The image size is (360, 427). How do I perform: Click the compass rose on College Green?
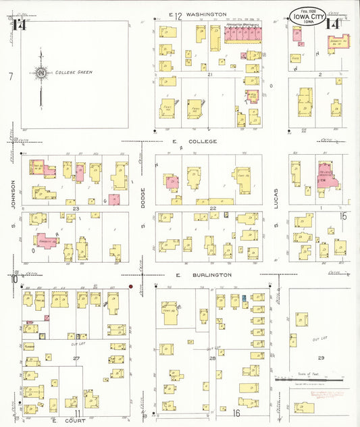point(41,72)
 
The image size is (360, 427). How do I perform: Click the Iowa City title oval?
point(308,16)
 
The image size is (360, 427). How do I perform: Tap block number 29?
point(321,356)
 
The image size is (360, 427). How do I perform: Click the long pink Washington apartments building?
point(242,34)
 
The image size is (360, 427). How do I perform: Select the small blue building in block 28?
point(243,298)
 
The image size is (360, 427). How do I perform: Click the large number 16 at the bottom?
point(236,411)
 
